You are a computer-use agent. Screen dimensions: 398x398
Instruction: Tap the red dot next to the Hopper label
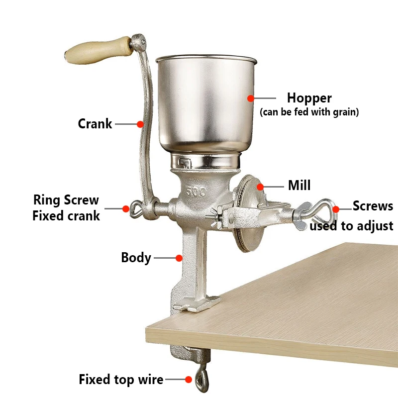(x=251, y=98)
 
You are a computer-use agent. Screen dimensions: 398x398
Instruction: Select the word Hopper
(x=309, y=98)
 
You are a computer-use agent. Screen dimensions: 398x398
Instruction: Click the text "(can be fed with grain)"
(x=309, y=112)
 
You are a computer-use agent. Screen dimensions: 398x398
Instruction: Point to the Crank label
(x=95, y=124)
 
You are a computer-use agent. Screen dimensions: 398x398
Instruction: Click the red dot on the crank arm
(x=140, y=124)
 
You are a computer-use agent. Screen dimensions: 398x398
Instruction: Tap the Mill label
(x=299, y=185)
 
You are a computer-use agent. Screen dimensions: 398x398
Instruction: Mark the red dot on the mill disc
(x=260, y=187)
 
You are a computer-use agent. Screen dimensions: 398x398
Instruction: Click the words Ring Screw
(x=66, y=200)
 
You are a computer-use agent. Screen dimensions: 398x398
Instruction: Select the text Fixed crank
(x=66, y=216)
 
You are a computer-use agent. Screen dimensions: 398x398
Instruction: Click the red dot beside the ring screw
(x=126, y=208)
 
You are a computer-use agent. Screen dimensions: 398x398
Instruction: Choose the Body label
(x=136, y=258)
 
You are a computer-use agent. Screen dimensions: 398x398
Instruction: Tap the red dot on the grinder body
(x=179, y=258)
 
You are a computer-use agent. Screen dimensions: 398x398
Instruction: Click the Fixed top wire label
(x=121, y=380)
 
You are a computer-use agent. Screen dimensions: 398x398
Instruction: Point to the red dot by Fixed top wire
(x=189, y=380)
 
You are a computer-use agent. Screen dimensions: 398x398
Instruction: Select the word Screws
(x=373, y=206)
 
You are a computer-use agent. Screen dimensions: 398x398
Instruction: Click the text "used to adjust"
(x=352, y=226)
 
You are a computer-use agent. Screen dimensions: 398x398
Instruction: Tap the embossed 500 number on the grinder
(x=196, y=192)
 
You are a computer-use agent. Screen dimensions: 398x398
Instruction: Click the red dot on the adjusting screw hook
(x=336, y=209)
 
